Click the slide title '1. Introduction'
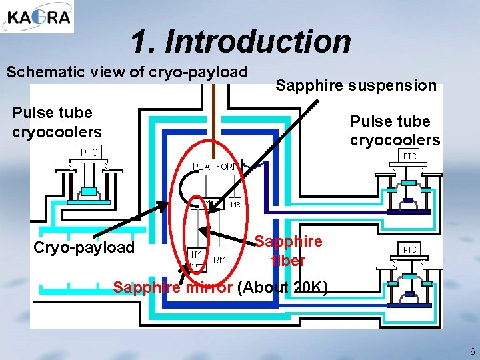[x=241, y=41]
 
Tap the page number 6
[x=472, y=351]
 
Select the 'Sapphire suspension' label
[x=356, y=85]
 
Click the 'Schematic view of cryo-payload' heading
[x=127, y=71]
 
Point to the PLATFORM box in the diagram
[x=213, y=166]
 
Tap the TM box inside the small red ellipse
[x=196, y=254]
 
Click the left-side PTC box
[x=89, y=153]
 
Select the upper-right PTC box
[x=409, y=156]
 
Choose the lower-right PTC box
[x=409, y=249]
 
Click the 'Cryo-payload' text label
[x=83, y=248]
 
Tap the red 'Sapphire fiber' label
[x=289, y=251]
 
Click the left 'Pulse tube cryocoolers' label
[x=57, y=122]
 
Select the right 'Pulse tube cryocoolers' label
[x=395, y=131]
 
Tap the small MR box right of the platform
[x=235, y=204]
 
